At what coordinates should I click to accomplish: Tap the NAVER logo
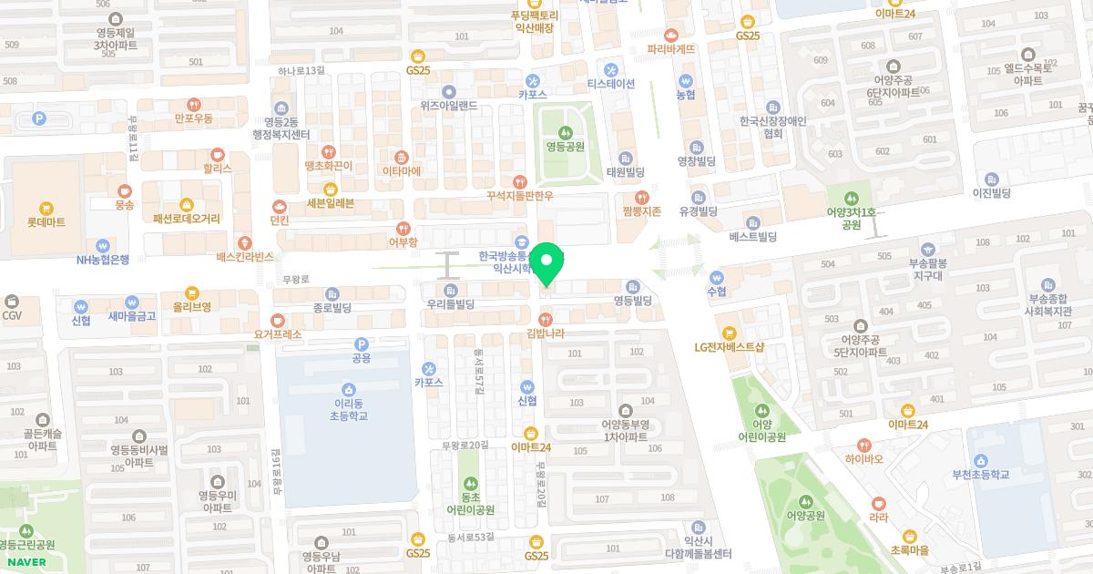pyautogui.click(x=26, y=561)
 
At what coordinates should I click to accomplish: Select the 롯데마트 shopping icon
pyautogui.click(x=46, y=207)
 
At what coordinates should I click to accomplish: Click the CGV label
pyautogui.click(x=11, y=315)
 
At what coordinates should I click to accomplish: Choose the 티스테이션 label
pyautogui.click(x=610, y=84)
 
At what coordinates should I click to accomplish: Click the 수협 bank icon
pyautogui.click(x=717, y=277)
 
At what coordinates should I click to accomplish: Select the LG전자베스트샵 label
pyautogui.click(x=728, y=347)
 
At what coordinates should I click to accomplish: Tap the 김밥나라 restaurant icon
pyautogui.click(x=545, y=319)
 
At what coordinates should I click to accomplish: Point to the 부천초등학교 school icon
pyautogui.click(x=981, y=460)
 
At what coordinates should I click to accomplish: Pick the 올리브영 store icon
pyautogui.click(x=191, y=293)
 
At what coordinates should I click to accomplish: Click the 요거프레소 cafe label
pyautogui.click(x=278, y=334)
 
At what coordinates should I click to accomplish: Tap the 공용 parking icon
pyautogui.click(x=362, y=344)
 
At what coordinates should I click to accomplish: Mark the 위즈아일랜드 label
pyautogui.click(x=448, y=105)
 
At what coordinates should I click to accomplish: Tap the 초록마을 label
pyautogui.click(x=909, y=550)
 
